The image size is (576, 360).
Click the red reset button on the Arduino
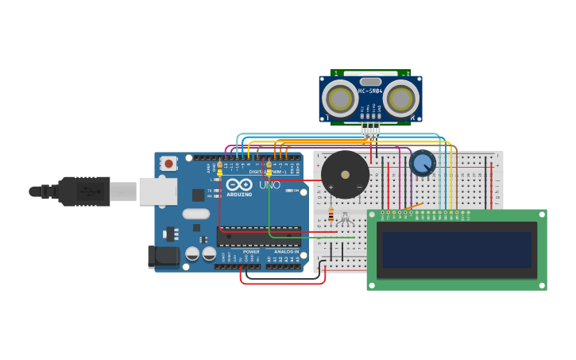pos(168,164)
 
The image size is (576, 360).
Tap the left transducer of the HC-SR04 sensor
pos(340,99)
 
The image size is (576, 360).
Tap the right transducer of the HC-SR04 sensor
pos(401,99)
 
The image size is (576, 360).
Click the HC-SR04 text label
pos(370,91)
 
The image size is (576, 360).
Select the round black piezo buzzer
pos(345,174)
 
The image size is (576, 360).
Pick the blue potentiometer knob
pos(423,164)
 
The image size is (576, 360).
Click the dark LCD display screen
pos(456,250)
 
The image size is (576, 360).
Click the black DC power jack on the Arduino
pos(164,255)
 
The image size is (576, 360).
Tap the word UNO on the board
pos(269,185)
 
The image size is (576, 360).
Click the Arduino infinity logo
pos(239,185)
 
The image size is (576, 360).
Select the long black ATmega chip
pos(259,235)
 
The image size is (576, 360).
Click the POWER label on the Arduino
pos(251,252)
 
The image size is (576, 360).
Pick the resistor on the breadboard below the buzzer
pos(331,215)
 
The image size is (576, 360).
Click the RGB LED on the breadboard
pos(345,216)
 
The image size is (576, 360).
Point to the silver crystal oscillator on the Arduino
pos(195,213)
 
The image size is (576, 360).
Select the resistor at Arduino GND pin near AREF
pos(219,167)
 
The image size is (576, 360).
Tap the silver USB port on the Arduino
pos(157,192)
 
